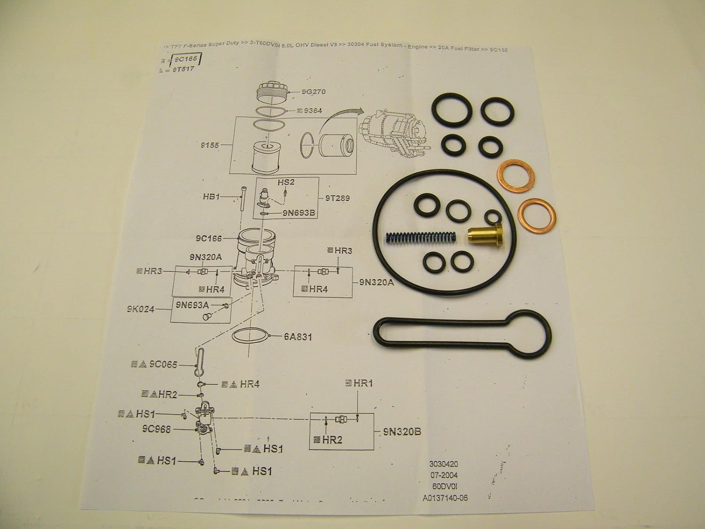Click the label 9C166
coord(209,238)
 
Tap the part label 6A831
coord(298,337)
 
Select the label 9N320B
coord(401,432)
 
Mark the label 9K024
coord(140,309)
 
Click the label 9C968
coord(156,429)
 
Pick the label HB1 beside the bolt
coord(211,197)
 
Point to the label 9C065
coord(163,364)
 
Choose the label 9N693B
coord(298,213)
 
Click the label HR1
coord(363,383)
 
